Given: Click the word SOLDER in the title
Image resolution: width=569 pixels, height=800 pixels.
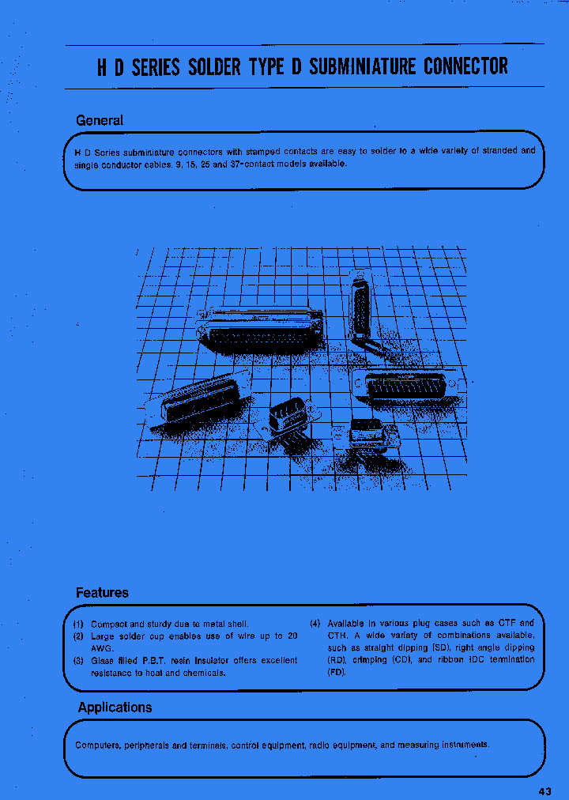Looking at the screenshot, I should pos(214,66).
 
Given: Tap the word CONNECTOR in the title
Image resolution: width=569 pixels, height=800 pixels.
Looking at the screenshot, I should pos(465,66).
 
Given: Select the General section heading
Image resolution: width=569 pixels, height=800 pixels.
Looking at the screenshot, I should pos(100,121).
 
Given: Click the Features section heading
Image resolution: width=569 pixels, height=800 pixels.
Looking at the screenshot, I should pos(102,593).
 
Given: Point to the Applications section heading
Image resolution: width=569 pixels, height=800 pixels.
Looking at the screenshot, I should pos(115,708).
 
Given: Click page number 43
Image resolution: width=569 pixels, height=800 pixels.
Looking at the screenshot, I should pos(545,792).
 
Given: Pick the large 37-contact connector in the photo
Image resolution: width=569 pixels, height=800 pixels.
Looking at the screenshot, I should pos(261,330).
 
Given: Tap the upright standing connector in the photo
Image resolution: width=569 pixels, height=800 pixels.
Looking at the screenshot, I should pos(361,304).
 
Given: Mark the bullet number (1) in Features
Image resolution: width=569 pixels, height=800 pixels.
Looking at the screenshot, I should pos(79,624).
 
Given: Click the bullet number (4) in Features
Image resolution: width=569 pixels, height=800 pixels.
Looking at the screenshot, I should pos(315,624).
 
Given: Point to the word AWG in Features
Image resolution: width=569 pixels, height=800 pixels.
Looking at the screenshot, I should pos(103,648).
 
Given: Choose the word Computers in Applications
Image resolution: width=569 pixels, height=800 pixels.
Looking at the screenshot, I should pos(99,745).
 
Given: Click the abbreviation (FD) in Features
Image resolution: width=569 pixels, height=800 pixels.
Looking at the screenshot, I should pos(337,673).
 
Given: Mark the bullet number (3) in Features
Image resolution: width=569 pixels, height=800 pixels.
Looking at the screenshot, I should pos(79,661).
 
